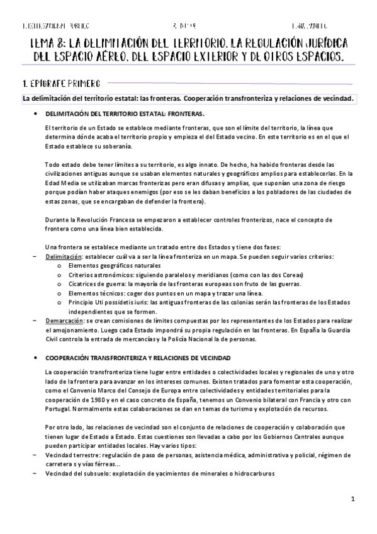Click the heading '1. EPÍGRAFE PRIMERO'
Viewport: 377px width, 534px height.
point(59,83)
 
